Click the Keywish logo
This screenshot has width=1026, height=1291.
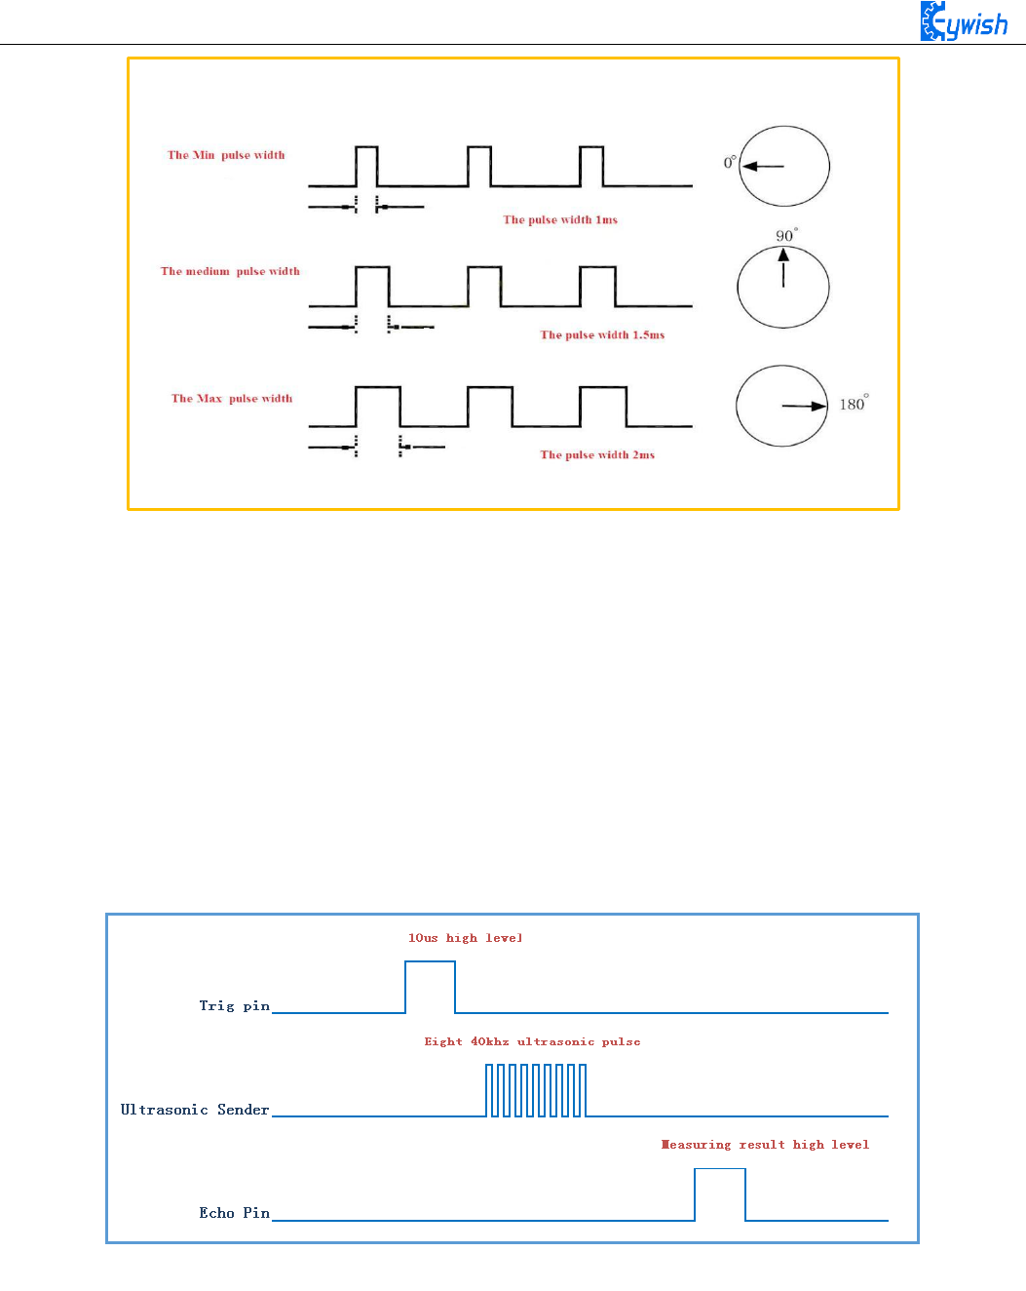point(964,21)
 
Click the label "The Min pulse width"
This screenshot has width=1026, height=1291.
point(226,155)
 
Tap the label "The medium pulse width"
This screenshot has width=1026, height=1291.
point(230,271)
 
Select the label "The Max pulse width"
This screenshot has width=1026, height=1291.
point(232,398)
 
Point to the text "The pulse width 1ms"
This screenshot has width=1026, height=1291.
point(560,219)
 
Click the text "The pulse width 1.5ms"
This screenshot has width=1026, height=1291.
point(602,334)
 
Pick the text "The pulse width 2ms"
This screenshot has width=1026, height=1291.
point(597,454)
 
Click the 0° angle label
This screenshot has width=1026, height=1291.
point(730,163)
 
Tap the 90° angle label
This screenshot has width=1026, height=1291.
point(785,235)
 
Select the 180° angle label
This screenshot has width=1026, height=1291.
point(854,404)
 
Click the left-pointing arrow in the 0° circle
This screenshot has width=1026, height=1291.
point(762,167)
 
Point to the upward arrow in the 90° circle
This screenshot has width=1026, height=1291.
point(783,267)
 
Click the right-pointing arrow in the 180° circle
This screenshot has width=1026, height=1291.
point(805,406)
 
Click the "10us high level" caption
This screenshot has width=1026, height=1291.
point(465,938)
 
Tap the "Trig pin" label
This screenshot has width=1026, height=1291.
point(234,1005)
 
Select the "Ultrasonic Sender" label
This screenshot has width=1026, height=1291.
point(194,1110)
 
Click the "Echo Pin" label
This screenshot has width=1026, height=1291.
point(234,1213)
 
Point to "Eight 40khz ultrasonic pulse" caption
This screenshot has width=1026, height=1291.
point(532,1041)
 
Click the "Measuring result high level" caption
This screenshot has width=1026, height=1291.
point(765,1145)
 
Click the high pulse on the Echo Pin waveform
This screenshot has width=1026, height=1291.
point(720,1193)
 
